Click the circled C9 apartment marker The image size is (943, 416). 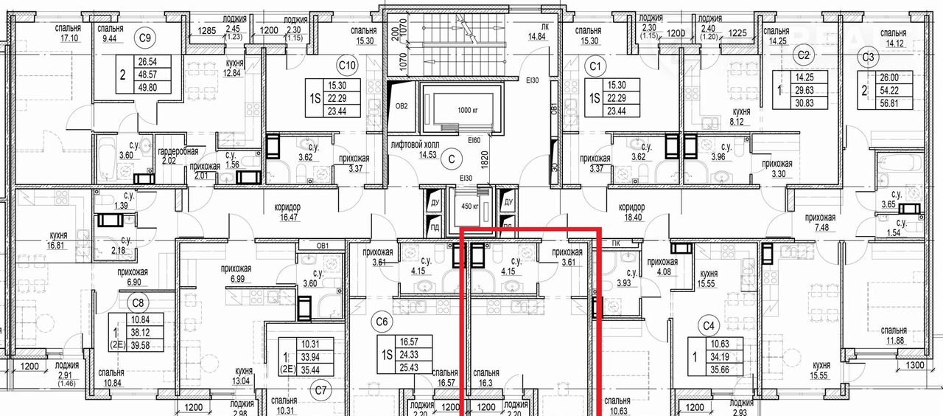144,38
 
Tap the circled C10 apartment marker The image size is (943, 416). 347,66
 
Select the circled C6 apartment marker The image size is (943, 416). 382,322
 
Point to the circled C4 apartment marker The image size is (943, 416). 709,326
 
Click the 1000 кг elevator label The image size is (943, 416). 468,111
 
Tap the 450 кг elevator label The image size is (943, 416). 470,207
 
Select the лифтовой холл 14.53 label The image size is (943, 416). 415,150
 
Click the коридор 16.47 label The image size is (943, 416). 287,212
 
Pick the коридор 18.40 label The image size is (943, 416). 631,212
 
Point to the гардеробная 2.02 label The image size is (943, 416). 178,157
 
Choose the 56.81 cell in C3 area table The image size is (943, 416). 889,103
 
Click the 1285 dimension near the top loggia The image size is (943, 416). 207,30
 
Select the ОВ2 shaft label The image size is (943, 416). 402,106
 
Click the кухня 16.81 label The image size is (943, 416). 58,240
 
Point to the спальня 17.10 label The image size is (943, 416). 68,33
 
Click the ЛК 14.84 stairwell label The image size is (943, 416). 537,32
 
